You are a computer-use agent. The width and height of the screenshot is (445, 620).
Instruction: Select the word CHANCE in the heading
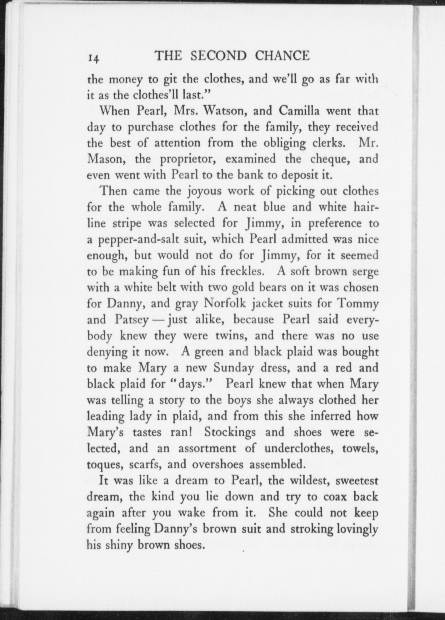tap(282, 56)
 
